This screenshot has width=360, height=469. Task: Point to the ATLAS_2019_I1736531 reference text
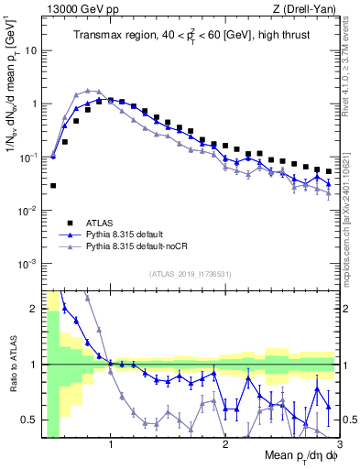(189, 274)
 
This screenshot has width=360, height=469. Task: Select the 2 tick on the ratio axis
(34, 309)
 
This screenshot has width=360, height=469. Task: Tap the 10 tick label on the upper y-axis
(29, 49)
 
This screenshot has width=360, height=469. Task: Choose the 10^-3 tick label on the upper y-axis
(27, 264)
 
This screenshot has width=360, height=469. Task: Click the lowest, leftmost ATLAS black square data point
(53, 185)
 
